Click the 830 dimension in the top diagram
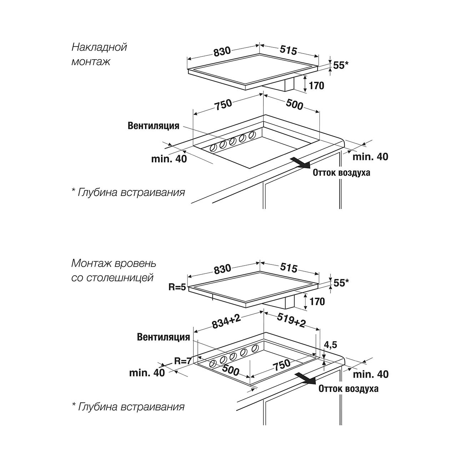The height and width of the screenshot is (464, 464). pos(222,52)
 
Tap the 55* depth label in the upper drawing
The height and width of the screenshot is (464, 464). pos(341,65)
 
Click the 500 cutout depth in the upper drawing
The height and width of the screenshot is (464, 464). pos(294,105)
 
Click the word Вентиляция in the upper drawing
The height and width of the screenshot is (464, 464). pos(153,126)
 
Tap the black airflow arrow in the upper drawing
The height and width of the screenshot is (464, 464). pos(299,162)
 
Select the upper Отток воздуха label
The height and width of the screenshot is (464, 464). pos(341,173)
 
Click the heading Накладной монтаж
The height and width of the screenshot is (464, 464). pos(99,54)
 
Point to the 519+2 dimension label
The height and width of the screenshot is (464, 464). pos(291,322)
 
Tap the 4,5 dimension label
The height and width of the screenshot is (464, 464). pos(330,345)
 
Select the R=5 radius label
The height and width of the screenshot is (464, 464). pos(177,287)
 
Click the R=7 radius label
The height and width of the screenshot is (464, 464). pos(183,361)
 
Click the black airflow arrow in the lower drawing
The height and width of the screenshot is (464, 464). pos(306,378)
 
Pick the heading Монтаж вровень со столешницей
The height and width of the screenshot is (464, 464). pos(114,270)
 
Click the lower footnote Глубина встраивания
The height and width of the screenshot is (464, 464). pos(128,407)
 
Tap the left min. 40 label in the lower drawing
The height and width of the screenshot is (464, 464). pos(147,373)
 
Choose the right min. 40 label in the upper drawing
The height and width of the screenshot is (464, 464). pos(370,157)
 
